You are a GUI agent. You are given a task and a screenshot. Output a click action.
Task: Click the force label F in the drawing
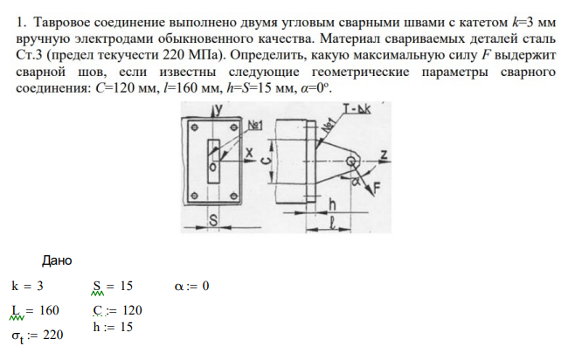click(378, 186)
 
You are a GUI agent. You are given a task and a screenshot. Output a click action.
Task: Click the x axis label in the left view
click(249, 151)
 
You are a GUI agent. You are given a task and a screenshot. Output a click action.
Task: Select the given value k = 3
click(27, 286)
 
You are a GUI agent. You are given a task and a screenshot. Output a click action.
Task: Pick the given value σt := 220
click(38, 335)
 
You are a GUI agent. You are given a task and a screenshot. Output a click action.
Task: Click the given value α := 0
click(192, 286)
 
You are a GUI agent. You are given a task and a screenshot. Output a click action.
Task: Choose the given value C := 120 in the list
click(116, 310)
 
